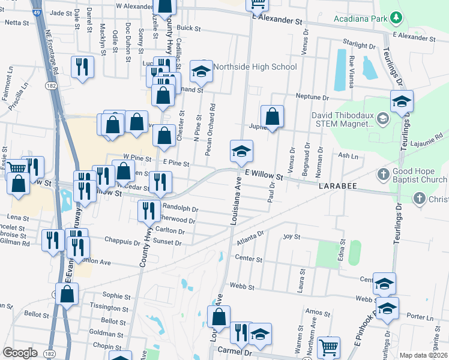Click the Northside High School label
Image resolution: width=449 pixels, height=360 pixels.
[255, 67]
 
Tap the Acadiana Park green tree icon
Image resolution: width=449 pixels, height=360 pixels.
[395, 19]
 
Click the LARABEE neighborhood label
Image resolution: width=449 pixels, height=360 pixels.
[338, 187]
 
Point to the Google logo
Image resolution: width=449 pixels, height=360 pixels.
[20, 353]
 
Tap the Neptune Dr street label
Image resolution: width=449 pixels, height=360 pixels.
[313, 97]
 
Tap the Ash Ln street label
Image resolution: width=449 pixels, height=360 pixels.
[348, 155]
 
